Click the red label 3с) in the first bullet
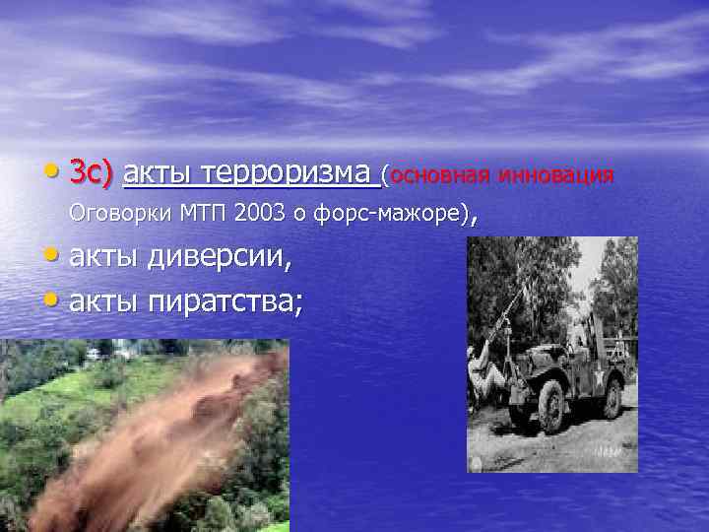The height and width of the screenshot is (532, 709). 92,175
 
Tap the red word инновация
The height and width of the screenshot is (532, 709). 556,175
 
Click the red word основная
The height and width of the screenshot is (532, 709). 442,175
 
